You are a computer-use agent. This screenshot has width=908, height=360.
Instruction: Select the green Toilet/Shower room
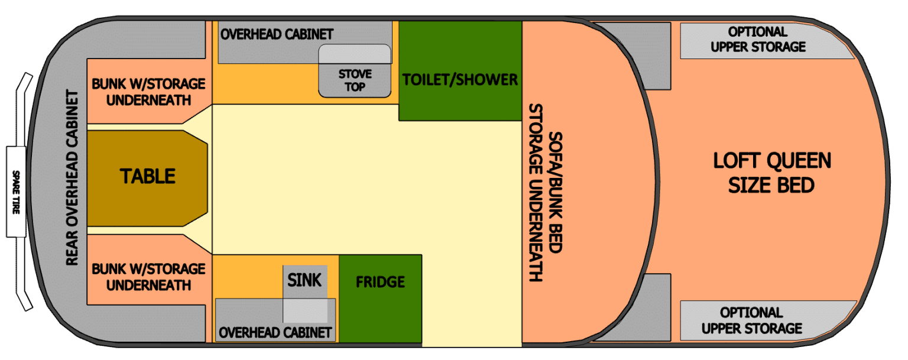click(460, 79)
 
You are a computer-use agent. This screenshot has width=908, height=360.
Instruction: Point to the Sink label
click(304, 280)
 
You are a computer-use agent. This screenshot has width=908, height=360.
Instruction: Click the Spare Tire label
click(16, 192)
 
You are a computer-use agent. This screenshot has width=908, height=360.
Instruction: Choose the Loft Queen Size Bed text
click(771, 173)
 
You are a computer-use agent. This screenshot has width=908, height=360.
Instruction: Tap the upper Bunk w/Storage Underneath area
click(148, 92)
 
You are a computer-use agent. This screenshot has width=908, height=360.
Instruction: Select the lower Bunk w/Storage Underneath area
click(148, 277)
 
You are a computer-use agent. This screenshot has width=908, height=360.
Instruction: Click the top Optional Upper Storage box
click(758, 40)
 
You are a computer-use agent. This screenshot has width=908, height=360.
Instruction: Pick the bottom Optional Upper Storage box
click(752, 320)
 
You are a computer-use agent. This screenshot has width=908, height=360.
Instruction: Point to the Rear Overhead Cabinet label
click(72, 177)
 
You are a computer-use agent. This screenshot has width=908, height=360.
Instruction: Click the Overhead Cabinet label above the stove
click(277, 34)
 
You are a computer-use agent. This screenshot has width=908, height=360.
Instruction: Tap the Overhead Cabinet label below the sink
click(275, 333)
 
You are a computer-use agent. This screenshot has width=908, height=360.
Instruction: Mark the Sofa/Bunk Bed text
click(554, 192)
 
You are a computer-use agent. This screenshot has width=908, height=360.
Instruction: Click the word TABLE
click(148, 176)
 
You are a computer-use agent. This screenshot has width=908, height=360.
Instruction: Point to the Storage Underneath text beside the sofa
click(536, 192)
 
